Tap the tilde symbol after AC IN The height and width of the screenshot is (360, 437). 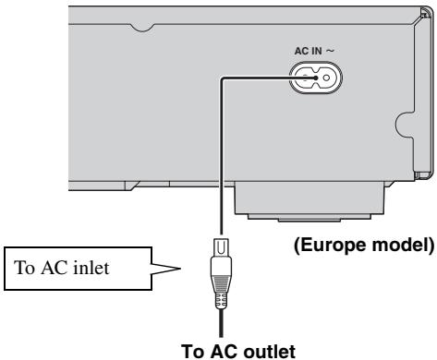(x=329, y=54)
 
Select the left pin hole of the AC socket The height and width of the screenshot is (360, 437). (x=304, y=79)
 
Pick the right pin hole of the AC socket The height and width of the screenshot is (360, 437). (x=325, y=79)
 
